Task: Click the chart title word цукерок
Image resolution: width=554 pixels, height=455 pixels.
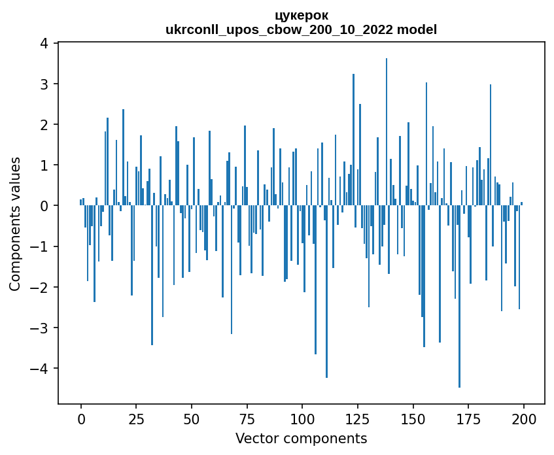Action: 302,15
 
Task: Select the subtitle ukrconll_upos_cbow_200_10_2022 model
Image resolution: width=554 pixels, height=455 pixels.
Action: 302,29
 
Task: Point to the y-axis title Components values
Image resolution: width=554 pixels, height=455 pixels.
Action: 15,224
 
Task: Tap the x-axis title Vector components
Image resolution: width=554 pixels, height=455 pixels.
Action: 302,439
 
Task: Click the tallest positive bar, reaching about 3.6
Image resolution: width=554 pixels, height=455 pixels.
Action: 387,131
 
